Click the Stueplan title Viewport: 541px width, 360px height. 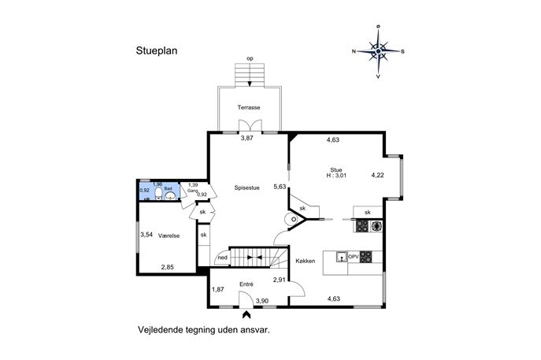pyautogui.click(x=157, y=50)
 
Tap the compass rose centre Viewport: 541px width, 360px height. pyautogui.click(x=378, y=51)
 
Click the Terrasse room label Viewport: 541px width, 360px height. pyautogui.click(x=249, y=107)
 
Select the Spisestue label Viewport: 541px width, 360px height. pyautogui.click(x=246, y=187)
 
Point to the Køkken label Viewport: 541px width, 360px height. pyautogui.click(x=306, y=261)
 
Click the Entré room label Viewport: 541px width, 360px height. pyautogui.click(x=246, y=284)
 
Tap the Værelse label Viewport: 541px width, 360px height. pyautogui.click(x=169, y=236)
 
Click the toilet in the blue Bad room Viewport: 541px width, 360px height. pyautogui.click(x=158, y=194)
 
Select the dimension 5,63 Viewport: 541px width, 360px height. pyautogui.click(x=280, y=187)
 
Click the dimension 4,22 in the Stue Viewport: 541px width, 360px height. pyautogui.click(x=377, y=175)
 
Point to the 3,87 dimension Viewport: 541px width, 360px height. pyautogui.click(x=246, y=138)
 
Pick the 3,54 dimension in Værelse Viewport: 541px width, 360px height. pyautogui.click(x=146, y=235)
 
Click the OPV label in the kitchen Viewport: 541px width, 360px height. pyautogui.click(x=354, y=257)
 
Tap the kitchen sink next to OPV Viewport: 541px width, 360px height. pyautogui.click(x=342, y=257)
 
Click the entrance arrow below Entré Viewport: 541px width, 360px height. pyautogui.click(x=246, y=314)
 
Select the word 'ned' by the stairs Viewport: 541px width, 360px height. pyautogui.click(x=223, y=258)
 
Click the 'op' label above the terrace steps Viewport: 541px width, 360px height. pyautogui.click(x=250, y=58)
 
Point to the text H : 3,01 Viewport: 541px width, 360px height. pyautogui.click(x=336, y=176)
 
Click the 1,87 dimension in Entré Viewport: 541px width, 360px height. pyautogui.click(x=217, y=290)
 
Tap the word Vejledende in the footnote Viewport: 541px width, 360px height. pyautogui.click(x=160, y=330)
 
